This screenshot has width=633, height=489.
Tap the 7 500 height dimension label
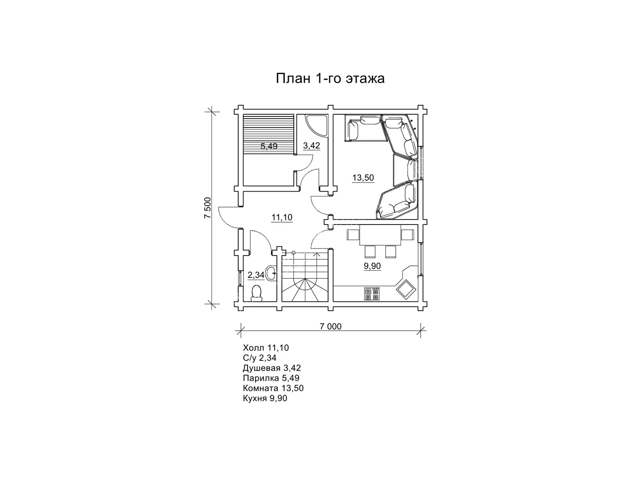pyautogui.click(x=207, y=208)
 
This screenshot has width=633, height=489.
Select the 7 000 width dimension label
pyautogui.click(x=330, y=327)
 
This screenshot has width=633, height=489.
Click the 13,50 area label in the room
pyautogui.click(x=363, y=177)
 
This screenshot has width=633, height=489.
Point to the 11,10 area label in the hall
pyautogui.click(x=282, y=217)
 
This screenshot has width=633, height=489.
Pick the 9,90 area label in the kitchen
pyautogui.click(x=372, y=266)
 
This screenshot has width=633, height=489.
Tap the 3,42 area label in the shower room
pyautogui.click(x=312, y=145)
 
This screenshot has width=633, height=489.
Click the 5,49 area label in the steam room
pyautogui.click(x=269, y=146)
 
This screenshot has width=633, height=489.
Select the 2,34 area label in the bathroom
pyautogui.click(x=256, y=275)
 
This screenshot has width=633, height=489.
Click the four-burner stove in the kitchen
pyautogui.click(x=371, y=293)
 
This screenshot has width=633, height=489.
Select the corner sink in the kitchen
pyautogui.click(x=405, y=289)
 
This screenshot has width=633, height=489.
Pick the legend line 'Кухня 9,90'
pyautogui.click(x=265, y=398)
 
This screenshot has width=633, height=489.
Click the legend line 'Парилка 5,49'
pyautogui.click(x=271, y=378)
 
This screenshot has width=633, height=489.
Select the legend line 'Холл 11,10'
pyautogui.click(x=266, y=348)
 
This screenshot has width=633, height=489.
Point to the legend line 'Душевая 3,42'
pyautogui.click(x=272, y=368)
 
